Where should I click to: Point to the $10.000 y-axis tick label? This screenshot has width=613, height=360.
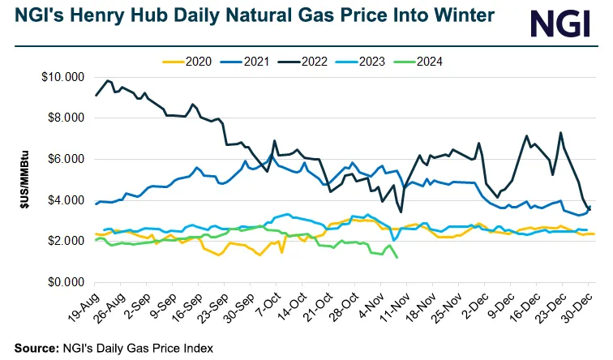(64, 77)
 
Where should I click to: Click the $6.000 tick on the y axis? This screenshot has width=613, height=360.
(66, 159)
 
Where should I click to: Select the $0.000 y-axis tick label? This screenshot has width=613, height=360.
(66, 282)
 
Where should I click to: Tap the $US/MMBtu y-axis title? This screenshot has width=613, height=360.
(24, 179)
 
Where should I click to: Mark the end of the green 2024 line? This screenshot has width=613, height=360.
(397, 258)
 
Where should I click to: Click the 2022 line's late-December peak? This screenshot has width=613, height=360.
(561, 133)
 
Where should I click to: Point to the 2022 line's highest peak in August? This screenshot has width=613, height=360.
(108, 80)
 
